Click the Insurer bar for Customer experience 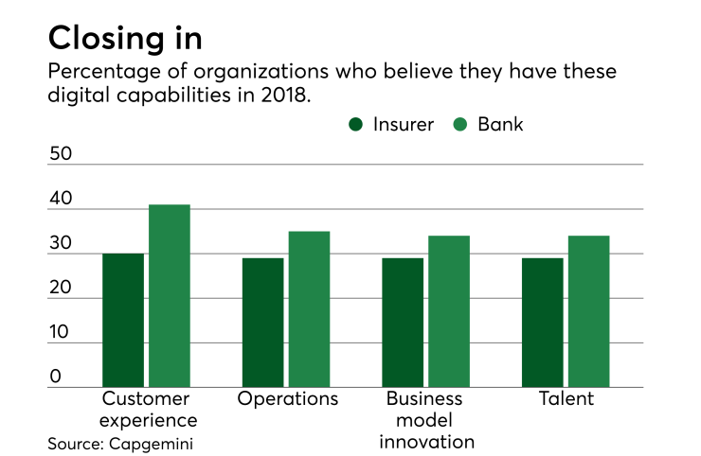coord(123,320)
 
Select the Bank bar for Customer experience coord(170,295)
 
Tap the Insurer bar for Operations coord(262,322)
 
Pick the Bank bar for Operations coord(309,308)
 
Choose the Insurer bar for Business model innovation coord(403,322)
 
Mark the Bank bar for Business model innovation coord(449,310)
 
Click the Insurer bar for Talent coord(542,322)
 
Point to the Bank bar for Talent coord(588,310)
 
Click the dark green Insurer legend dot coord(356,124)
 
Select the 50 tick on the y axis coord(61,153)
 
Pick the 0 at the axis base coord(55,376)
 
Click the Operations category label coord(288,398)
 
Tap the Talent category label coord(566,398)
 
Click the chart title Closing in coord(124,38)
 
